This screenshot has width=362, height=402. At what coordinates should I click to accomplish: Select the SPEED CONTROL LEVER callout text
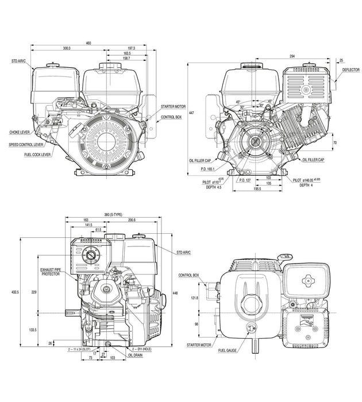[28, 145]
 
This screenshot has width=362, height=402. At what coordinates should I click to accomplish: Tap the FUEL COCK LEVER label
[38, 155]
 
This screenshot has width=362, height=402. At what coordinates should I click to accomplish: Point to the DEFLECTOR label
[351, 69]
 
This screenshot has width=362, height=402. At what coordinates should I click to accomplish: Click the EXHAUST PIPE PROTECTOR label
[53, 272]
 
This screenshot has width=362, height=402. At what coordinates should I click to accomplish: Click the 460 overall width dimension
[88, 43]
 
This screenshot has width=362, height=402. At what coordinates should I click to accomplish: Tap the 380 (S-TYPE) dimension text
[114, 214]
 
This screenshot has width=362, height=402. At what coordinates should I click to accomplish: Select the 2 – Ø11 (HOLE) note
[142, 349]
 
